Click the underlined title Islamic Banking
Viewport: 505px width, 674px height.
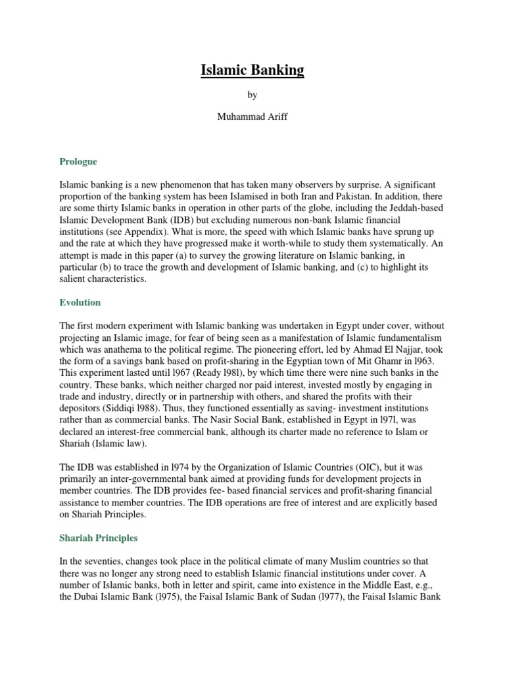click(x=252, y=70)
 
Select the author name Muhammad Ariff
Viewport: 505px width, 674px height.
click(x=252, y=118)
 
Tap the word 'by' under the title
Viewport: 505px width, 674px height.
click(x=252, y=95)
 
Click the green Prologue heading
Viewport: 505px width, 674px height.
click(x=78, y=161)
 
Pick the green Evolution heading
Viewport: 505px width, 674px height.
click(x=80, y=302)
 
